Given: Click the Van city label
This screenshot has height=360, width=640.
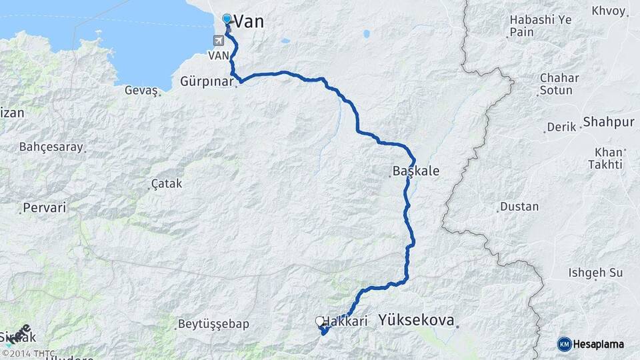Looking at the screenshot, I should click(x=249, y=21).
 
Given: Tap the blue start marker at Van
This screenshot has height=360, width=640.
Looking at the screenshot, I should click(x=227, y=19).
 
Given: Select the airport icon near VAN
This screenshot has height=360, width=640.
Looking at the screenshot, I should click(x=219, y=41).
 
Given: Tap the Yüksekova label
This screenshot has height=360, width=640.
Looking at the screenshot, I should click(x=416, y=321).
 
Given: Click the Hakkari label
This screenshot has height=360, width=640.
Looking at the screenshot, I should click(x=347, y=321).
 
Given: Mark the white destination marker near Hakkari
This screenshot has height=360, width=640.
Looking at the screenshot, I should click(x=319, y=321).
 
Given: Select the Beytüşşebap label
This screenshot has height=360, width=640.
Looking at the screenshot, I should click(x=213, y=325).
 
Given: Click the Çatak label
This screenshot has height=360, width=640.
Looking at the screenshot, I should click(x=167, y=183).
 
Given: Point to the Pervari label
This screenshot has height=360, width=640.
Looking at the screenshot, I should click(x=45, y=208).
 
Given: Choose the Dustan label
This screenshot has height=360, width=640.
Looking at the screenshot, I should click(x=519, y=207).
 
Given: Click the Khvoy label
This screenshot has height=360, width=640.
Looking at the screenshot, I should click(x=609, y=11).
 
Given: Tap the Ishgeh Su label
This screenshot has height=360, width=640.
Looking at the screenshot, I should click(x=595, y=273).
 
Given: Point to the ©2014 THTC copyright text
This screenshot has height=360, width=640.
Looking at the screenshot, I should click(x=29, y=353).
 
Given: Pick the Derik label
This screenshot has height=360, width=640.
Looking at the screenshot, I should click(x=561, y=127).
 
